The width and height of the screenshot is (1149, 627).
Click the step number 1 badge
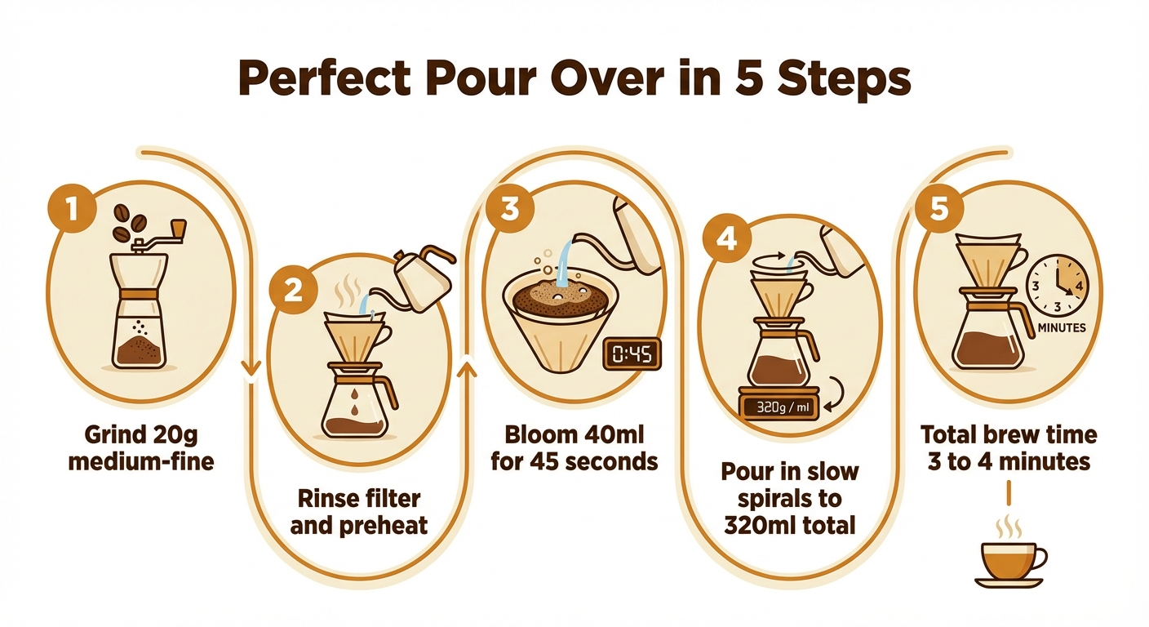[x=72, y=209]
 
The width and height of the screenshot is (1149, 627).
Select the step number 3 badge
[x=509, y=209]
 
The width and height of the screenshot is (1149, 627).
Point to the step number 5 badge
[x=939, y=209]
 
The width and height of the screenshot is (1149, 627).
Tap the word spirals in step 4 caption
[x=777, y=498]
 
